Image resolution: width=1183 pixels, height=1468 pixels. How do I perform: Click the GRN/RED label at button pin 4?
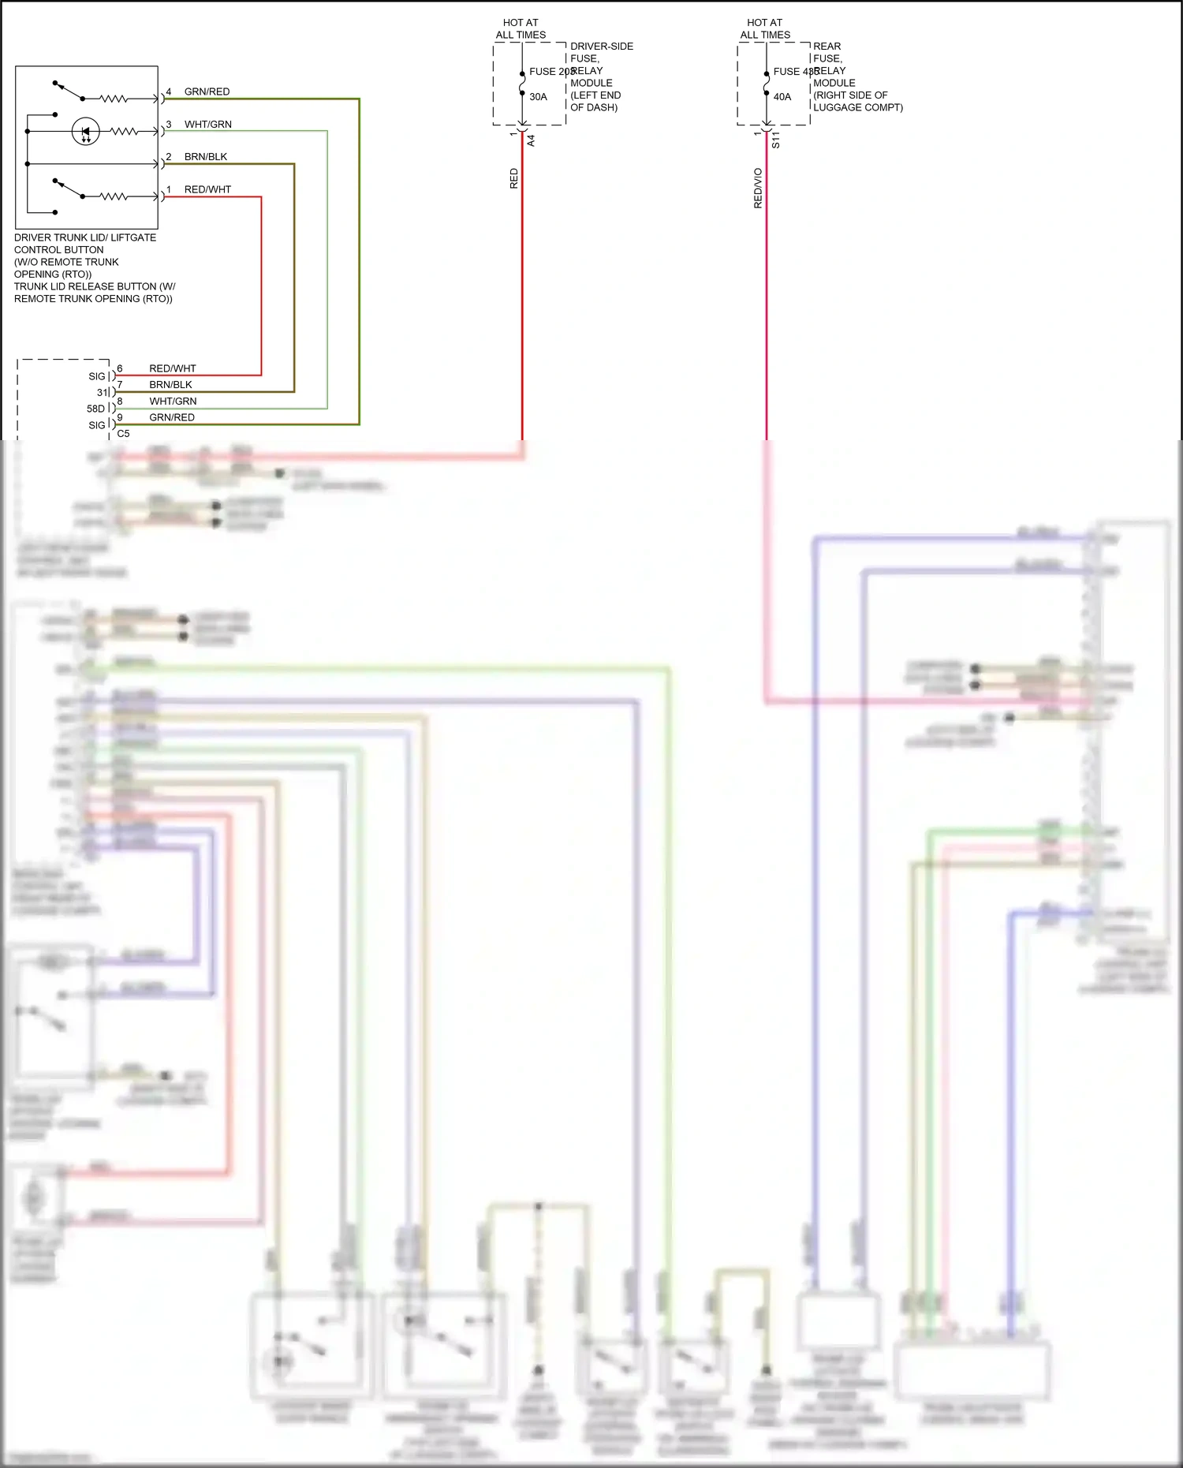207,92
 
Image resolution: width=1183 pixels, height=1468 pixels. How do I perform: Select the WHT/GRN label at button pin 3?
207,124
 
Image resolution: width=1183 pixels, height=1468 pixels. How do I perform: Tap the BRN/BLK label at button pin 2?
205,156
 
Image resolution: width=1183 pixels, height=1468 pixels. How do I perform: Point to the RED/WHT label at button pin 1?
207,189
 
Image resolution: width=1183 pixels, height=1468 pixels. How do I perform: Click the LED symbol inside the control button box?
85,131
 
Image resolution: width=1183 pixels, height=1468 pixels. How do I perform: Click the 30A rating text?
538,97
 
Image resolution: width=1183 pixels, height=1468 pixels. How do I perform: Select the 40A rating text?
782,97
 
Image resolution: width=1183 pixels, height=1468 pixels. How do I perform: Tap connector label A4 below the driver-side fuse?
531,140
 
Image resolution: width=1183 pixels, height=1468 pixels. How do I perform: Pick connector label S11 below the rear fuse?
775,140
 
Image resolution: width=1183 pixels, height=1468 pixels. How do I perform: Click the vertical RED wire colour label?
513,178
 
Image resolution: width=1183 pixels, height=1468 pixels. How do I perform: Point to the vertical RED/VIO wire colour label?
758,188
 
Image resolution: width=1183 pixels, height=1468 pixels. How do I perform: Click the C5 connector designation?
123,434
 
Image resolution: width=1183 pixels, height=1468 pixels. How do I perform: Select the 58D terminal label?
95,409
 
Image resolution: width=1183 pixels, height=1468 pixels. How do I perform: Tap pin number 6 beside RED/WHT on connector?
120,368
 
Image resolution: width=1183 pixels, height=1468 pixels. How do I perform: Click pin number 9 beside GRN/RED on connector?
120,417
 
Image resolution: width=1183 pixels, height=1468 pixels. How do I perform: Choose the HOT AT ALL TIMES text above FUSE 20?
521,28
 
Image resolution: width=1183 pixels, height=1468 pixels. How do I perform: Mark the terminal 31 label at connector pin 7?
102,393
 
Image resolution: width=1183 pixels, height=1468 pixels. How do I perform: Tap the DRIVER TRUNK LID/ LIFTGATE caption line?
85,237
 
